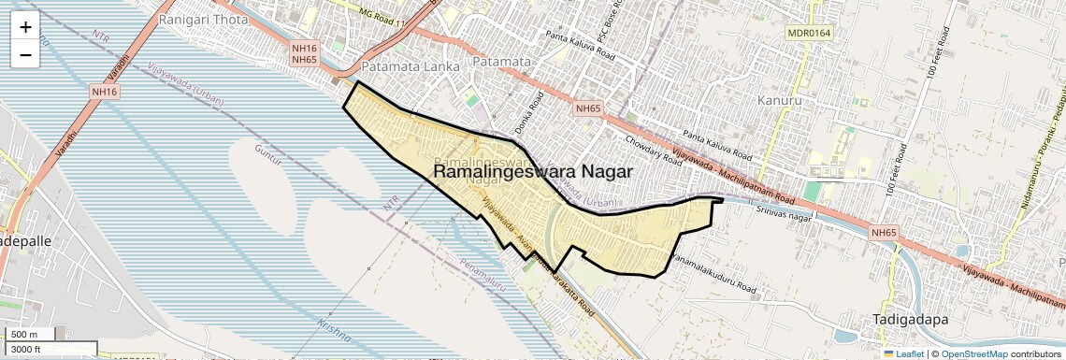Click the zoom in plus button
[25, 27]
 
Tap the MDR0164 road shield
[810, 34]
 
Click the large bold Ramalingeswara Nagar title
[533, 172]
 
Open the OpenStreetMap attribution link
[973, 353]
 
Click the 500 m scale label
[24, 335]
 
